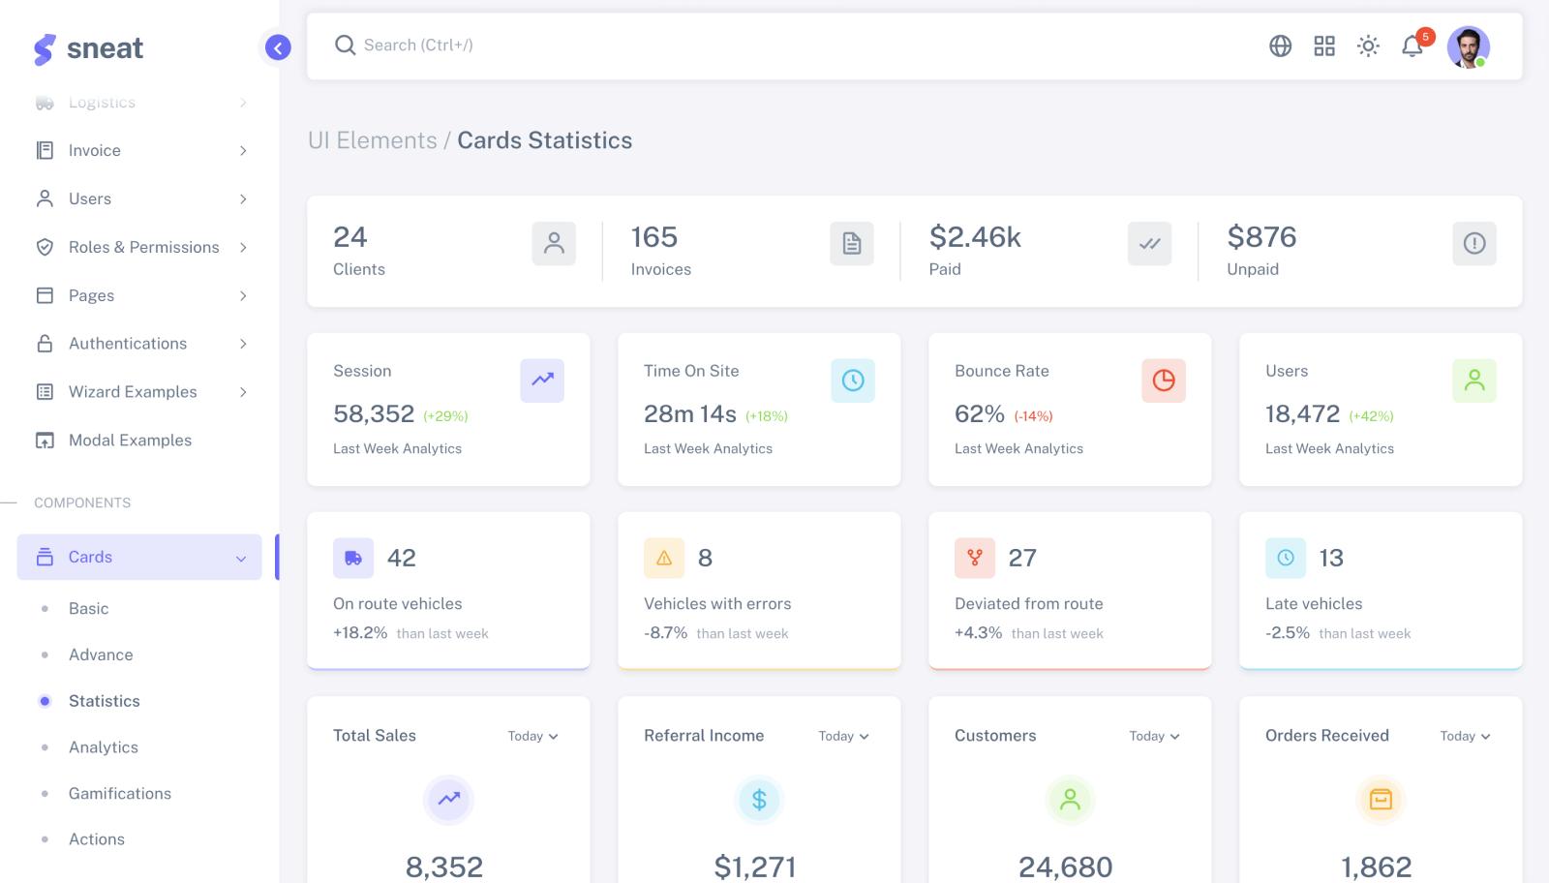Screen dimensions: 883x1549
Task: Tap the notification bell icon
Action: pyautogui.click(x=1412, y=46)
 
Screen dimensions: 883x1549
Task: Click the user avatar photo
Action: pyautogui.click(x=1468, y=46)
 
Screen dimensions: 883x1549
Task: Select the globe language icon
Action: pyautogui.click(x=1280, y=46)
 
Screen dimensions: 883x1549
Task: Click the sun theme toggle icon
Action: pyautogui.click(x=1368, y=46)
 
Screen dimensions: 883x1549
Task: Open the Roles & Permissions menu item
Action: pyautogui.click(x=143, y=247)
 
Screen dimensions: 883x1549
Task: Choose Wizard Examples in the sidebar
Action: pyautogui.click(x=133, y=392)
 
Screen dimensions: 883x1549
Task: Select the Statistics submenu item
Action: pyautogui.click(x=104, y=701)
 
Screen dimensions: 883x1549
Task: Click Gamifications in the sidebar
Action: pyautogui.click(x=119, y=794)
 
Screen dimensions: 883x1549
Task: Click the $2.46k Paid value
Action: pyautogui.click(x=975, y=237)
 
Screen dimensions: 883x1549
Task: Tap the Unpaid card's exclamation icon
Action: pyautogui.click(x=1473, y=244)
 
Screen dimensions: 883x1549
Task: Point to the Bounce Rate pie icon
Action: pyautogui.click(x=1163, y=381)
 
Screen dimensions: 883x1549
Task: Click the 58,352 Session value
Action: pyautogui.click(x=374, y=414)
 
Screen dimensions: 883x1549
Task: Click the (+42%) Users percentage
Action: pyautogui.click(x=1371, y=416)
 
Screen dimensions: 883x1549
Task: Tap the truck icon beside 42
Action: pyautogui.click(x=353, y=558)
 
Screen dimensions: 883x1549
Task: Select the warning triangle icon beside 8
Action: pyautogui.click(x=664, y=558)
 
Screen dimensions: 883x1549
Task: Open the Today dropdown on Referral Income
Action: pyautogui.click(x=843, y=737)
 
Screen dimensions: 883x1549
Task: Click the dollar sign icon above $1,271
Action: pyautogui.click(x=759, y=800)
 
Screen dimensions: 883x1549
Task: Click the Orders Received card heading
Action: pyautogui.click(x=1326, y=736)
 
